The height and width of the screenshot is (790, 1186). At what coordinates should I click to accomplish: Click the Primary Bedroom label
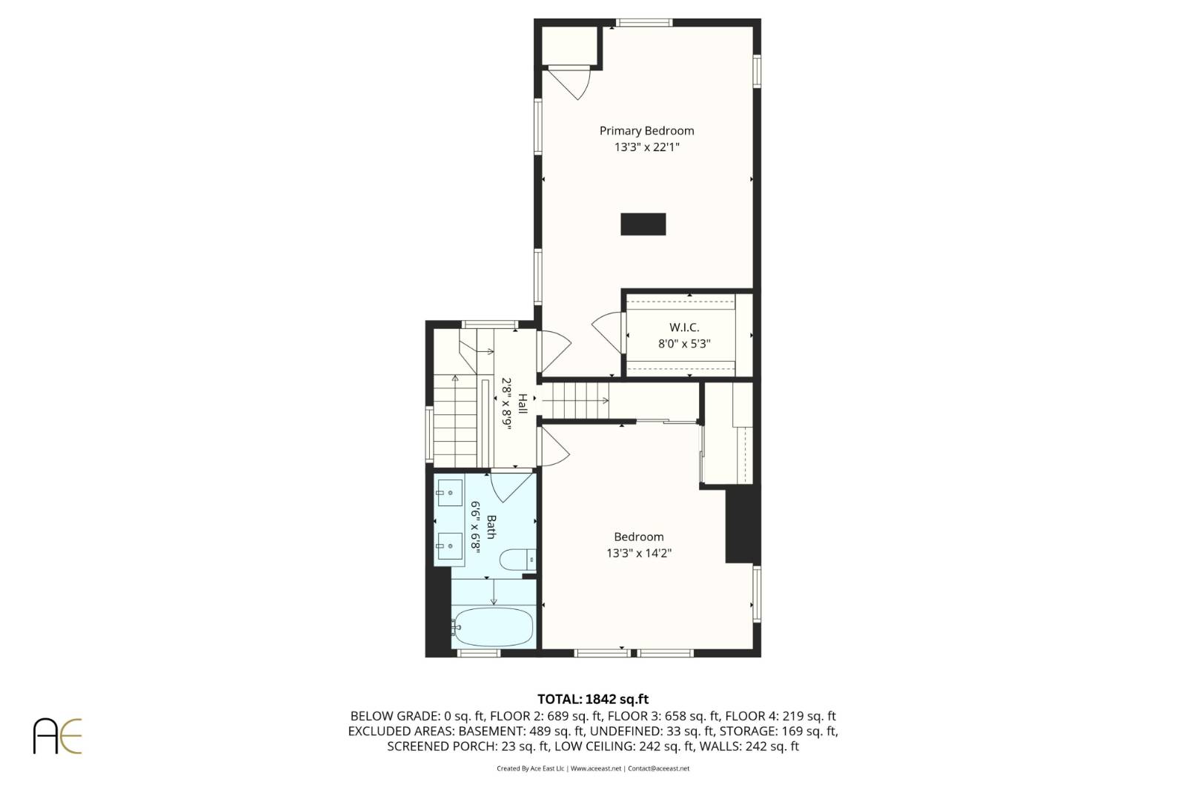646,131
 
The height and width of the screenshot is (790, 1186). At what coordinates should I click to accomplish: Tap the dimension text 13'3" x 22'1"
646,147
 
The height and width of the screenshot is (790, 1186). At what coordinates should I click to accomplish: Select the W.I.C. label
684,327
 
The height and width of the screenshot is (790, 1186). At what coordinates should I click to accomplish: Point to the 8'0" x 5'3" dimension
684,344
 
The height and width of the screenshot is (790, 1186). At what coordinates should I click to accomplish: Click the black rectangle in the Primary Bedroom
643,224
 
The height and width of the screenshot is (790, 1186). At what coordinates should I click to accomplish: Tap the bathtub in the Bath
493,627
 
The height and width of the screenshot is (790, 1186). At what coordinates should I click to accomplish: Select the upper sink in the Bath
448,492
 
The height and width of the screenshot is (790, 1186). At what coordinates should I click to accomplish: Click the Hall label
523,404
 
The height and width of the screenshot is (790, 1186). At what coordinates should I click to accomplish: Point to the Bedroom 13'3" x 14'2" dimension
638,553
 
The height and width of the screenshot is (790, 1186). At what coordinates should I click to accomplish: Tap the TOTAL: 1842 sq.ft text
592,699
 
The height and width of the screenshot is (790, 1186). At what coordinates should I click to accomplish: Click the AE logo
57,735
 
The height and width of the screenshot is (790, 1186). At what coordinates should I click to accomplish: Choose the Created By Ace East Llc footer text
530,769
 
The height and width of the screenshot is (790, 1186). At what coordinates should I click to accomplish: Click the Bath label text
491,527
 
